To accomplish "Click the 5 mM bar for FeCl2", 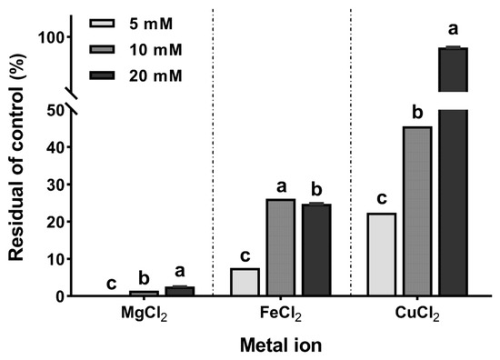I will [245, 282].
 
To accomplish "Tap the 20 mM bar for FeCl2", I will [316, 250].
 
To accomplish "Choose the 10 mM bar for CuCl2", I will [417, 211].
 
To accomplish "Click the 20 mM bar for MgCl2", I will [179, 291].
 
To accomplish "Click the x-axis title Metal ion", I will [281, 346].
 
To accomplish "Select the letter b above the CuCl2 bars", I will [417, 113].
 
